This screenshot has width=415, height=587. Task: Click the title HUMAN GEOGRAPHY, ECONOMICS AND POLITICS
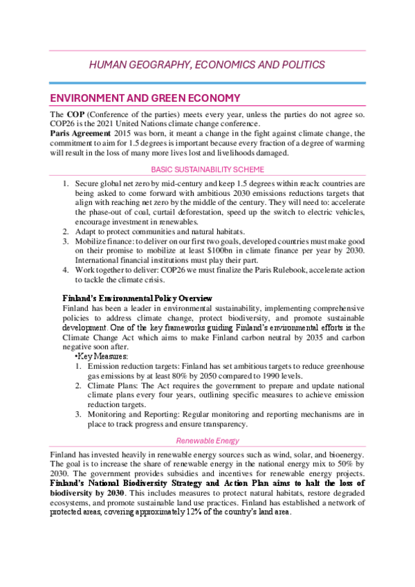(207, 65)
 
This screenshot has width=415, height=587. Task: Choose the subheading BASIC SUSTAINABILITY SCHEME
(207, 169)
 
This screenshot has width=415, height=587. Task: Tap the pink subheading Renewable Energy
(207, 440)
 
